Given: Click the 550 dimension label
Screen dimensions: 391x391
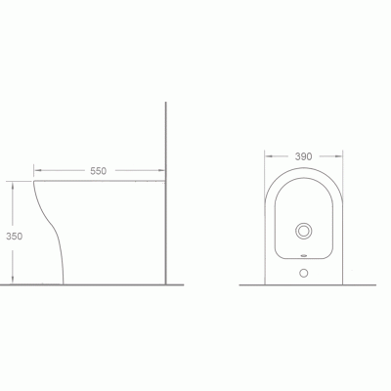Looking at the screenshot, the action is [98, 171].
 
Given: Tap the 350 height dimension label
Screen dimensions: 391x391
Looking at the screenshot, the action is [15, 237].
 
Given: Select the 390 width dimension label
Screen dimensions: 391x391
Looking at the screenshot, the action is [303, 156].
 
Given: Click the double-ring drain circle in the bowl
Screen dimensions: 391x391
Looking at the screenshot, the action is [304, 231].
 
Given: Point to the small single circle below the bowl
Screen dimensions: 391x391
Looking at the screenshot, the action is [304, 273].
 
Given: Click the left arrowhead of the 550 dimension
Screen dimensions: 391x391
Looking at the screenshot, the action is [37, 170].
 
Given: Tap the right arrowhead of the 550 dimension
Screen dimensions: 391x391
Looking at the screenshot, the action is [161, 170].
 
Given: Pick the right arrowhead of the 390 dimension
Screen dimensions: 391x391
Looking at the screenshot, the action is [339, 156].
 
